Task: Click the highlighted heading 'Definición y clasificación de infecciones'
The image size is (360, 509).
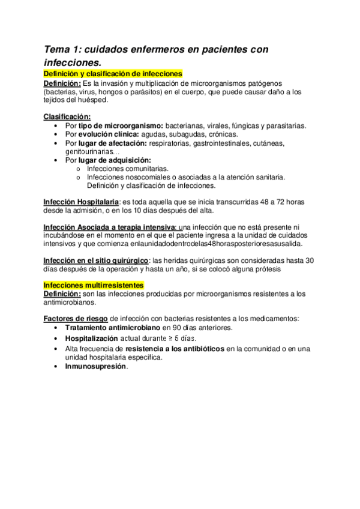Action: coord(113,73)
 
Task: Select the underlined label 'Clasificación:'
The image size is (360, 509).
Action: coord(67,116)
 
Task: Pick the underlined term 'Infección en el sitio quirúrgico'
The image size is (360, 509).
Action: coord(97,261)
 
